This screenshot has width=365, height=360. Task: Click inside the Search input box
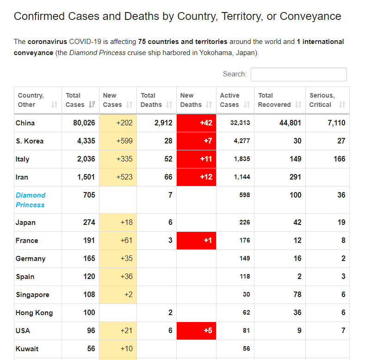(298, 74)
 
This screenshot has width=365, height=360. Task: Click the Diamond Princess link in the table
(31, 200)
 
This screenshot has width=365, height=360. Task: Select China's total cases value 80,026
(84, 123)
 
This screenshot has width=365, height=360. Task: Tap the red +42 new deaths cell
(196, 123)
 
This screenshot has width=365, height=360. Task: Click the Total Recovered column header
(279, 100)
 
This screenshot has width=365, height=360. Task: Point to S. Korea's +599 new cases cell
(118, 141)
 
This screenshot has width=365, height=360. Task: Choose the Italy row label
(23, 159)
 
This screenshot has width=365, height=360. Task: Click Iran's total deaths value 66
(168, 177)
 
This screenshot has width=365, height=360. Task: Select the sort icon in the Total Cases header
(92, 105)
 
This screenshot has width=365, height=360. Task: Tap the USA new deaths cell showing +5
(196, 331)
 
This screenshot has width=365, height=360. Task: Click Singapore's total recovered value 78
(297, 295)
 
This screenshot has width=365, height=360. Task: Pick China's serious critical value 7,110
(336, 123)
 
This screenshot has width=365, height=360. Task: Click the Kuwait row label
(27, 349)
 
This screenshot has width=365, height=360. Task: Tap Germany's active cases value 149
(244, 259)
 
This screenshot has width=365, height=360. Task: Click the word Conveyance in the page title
(310, 16)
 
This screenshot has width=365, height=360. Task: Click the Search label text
(235, 74)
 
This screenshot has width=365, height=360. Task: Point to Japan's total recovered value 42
(297, 223)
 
